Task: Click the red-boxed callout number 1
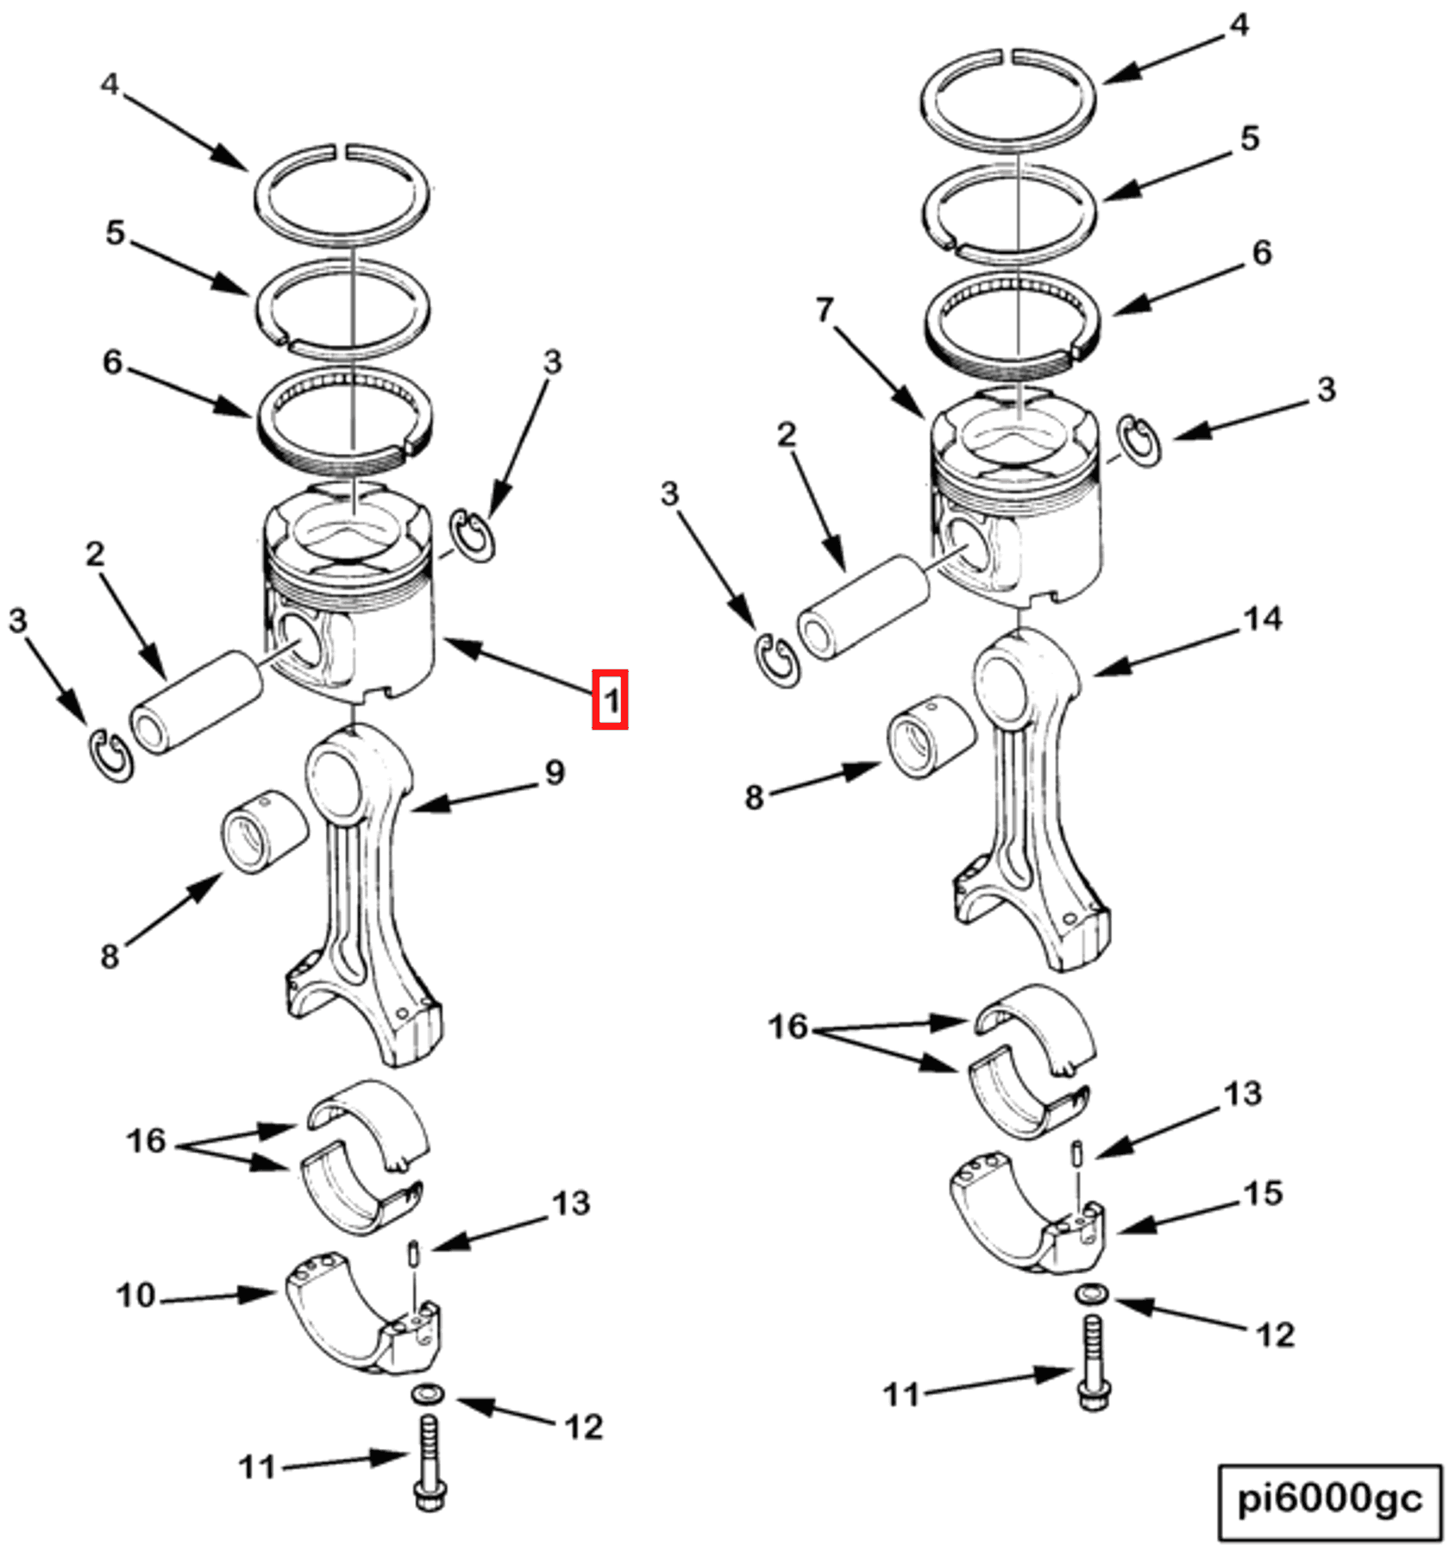[x=609, y=699]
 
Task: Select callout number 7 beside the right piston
[x=825, y=310]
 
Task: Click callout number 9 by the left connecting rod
[x=555, y=772]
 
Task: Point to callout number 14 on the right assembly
[x=1263, y=619]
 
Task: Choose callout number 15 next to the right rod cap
[x=1263, y=1193]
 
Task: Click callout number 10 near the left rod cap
[x=135, y=1295]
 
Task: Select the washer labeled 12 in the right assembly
[x=1092, y=1293]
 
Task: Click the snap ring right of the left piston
[x=474, y=536]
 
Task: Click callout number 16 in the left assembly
[x=146, y=1140]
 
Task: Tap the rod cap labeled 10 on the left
[x=362, y=1316]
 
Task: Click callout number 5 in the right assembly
[x=1250, y=138]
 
